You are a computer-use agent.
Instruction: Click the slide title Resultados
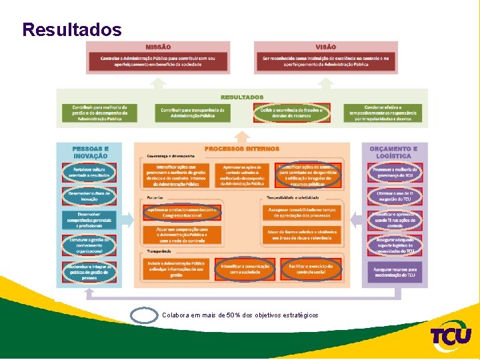(x=72, y=29)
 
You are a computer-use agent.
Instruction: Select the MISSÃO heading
(x=158, y=47)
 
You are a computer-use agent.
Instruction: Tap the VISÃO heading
(x=325, y=47)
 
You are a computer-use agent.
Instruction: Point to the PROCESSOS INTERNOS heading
(x=241, y=149)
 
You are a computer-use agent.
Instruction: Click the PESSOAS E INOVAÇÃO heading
(x=90, y=152)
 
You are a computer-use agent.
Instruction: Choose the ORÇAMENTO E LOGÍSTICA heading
(x=393, y=152)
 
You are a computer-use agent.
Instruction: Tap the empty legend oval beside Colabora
(x=144, y=315)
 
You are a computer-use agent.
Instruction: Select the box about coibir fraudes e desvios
(x=291, y=113)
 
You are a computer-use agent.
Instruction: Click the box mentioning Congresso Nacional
(x=182, y=213)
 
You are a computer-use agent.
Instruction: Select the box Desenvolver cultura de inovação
(x=90, y=196)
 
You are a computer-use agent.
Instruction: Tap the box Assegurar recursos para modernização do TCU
(x=393, y=271)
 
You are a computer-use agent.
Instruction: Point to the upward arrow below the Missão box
(x=158, y=83)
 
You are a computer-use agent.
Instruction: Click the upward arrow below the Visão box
(x=325, y=83)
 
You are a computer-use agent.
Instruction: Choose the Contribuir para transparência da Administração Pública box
(x=193, y=113)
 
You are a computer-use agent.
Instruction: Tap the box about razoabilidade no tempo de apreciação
(x=302, y=213)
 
